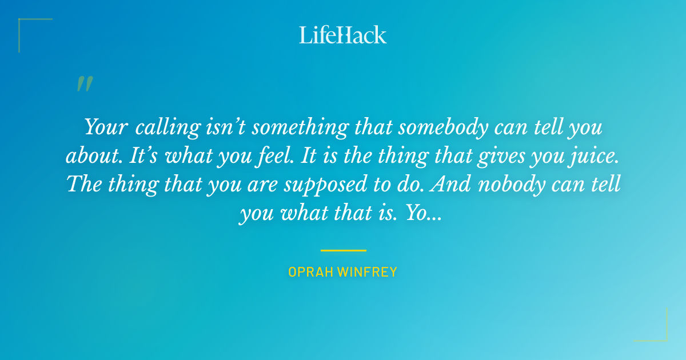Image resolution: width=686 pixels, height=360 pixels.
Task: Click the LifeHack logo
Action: tap(343, 35)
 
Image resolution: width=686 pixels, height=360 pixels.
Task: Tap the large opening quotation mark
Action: tap(85, 84)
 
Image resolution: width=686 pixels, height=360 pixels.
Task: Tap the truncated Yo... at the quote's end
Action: tap(422, 213)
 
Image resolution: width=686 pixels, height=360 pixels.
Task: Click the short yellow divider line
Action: tap(343, 250)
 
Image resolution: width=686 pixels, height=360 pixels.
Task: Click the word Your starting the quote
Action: tap(106, 127)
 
